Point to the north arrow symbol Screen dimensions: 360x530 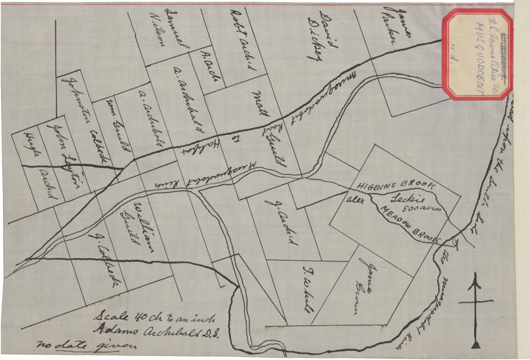[x=476, y=308]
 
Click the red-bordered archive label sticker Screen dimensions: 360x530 [x=477, y=55]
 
